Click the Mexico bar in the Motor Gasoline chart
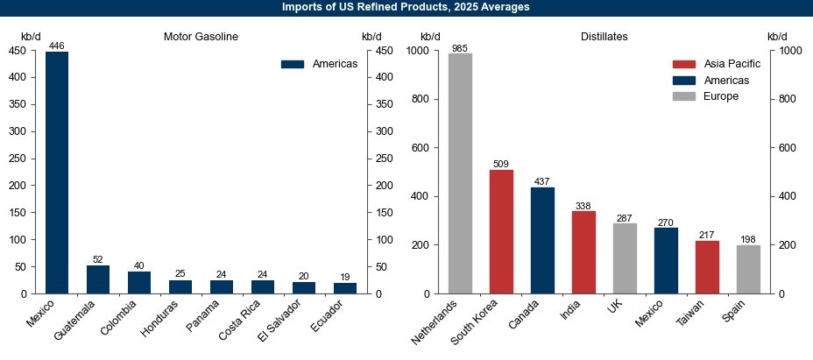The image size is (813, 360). [x=57, y=172]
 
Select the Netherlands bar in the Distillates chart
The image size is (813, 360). [x=460, y=173]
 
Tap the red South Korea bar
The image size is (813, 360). [x=501, y=231]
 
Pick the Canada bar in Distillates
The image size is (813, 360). [x=542, y=240]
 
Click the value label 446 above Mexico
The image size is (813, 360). [x=57, y=46]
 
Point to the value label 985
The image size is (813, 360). [x=460, y=48]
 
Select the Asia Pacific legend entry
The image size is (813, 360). [x=716, y=64]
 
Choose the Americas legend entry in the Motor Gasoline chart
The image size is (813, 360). [x=319, y=64]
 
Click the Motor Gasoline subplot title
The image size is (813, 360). [x=201, y=37]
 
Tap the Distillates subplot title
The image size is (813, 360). [x=604, y=37]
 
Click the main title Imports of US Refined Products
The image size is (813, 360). [x=406, y=7]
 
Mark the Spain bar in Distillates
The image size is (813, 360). [x=748, y=269]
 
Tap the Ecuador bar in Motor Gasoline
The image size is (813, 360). [x=345, y=288]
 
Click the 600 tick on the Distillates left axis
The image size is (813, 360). [x=430, y=148]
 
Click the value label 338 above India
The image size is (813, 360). [x=583, y=206]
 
